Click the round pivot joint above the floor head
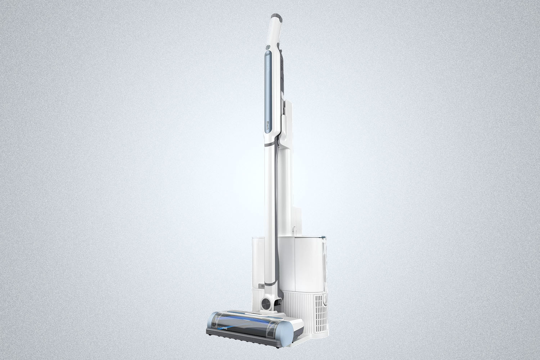click(x=269, y=292)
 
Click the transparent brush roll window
click(x=241, y=317)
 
